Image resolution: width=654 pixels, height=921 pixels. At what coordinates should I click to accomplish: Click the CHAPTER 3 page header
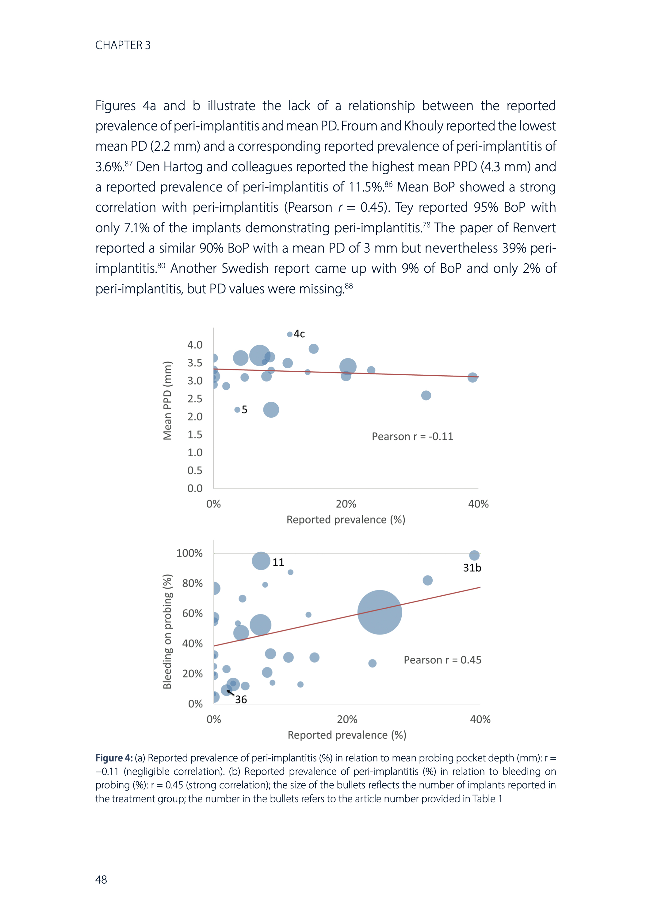(123, 45)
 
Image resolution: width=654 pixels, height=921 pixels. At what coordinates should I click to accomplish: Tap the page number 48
(101, 880)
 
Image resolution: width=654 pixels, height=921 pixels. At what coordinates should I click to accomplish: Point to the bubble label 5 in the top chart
(244, 410)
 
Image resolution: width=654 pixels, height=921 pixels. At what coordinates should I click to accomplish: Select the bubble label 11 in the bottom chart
(278, 562)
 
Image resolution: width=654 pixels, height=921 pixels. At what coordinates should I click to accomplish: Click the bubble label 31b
(472, 568)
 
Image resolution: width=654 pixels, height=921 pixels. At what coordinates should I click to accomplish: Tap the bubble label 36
(241, 700)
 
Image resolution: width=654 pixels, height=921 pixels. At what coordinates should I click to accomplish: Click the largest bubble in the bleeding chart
(379, 612)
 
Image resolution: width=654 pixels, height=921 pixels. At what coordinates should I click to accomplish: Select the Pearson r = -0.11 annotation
(412, 436)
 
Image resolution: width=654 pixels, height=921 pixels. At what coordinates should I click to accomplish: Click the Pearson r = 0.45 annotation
(442, 660)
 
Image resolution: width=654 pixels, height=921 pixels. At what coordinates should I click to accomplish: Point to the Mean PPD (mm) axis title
(167, 400)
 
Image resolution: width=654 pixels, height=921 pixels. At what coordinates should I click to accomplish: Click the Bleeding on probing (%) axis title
(167, 631)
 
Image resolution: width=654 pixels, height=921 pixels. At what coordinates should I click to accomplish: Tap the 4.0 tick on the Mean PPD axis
(195, 345)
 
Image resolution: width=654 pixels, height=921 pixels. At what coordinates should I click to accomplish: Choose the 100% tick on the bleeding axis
(189, 553)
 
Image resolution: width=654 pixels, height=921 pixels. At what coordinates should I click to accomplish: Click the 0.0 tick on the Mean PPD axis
(195, 489)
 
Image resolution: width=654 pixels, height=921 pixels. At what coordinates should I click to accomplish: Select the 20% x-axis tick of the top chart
(346, 504)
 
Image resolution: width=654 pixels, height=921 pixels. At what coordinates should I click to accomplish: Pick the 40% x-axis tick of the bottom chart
(480, 719)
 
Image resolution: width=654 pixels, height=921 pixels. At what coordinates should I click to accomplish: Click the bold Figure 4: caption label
(113, 758)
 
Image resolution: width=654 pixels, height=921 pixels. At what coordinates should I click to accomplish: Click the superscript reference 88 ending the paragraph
(349, 286)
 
